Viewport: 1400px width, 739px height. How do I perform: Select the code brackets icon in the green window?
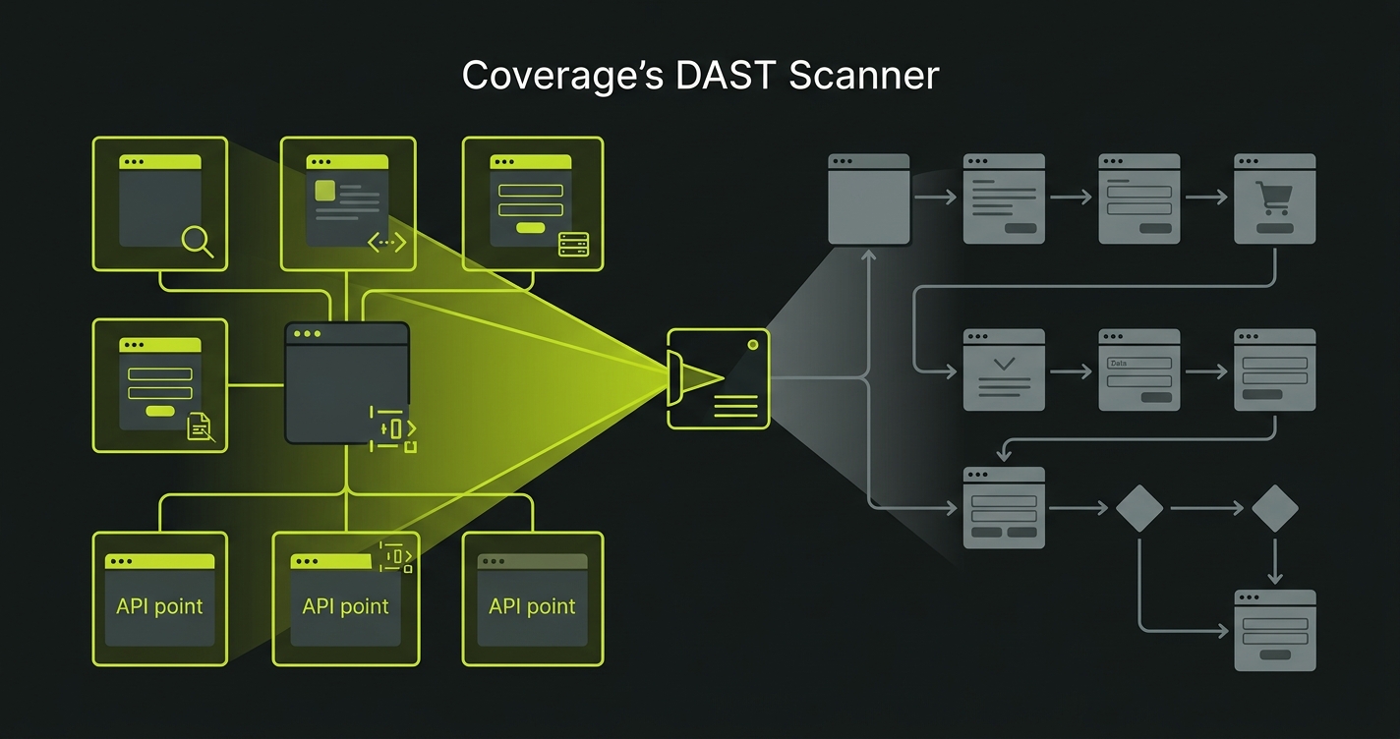click(386, 242)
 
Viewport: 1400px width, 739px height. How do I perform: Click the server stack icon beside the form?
click(573, 245)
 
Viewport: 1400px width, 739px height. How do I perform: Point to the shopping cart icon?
click(1275, 198)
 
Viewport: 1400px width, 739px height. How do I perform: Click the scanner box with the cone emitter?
click(718, 378)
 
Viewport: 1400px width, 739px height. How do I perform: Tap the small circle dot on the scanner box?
click(753, 345)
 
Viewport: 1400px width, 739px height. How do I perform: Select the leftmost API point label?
click(159, 605)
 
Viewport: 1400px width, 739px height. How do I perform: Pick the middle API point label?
click(345, 606)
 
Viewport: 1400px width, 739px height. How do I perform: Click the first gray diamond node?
click(1139, 508)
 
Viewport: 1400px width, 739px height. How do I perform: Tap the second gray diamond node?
click(1275, 508)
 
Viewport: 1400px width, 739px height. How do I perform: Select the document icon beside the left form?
click(200, 426)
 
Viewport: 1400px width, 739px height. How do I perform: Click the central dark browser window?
click(347, 383)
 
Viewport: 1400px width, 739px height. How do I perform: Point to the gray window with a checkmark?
click(1004, 369)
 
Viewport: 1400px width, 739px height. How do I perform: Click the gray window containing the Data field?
click(1138, 369)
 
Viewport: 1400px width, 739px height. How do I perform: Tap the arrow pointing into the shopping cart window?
click(1207, 198)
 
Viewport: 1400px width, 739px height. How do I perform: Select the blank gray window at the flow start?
click(868, 199)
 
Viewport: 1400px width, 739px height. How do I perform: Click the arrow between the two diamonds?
click(1207, 508)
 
